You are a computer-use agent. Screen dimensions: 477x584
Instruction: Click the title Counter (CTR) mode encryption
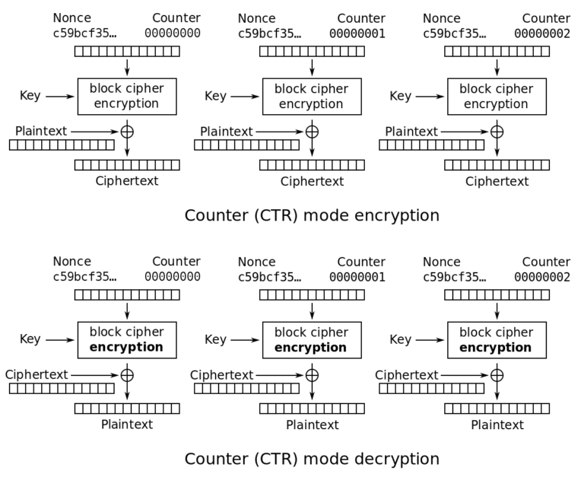(x=312, y=215)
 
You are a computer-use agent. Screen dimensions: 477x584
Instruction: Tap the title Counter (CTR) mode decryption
(x=312, y=459)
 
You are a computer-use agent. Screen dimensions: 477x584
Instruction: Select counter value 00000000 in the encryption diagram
(x=173, y=33)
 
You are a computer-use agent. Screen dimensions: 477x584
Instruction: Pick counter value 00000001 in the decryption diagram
(x=357, y=277)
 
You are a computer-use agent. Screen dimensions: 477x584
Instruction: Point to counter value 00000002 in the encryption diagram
(x=542, y=33)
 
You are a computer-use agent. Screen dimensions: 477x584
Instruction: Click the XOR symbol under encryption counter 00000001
(x=312, y=132)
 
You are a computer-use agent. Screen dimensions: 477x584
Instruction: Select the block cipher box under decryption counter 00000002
(x=497, y=340)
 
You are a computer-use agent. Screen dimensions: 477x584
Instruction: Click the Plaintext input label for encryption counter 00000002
(x=411, y=132)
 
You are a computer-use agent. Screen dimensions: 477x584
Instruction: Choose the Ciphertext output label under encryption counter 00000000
(x=127, y=181)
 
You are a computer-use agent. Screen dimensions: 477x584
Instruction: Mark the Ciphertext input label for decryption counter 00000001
(x=221, y=374)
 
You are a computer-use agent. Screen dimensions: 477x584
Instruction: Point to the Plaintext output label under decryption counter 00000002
(x=497, y=425)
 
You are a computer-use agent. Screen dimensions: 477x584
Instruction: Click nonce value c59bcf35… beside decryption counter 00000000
(x=84, y=277)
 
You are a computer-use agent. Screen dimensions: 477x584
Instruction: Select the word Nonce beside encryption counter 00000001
(x=257, y=18)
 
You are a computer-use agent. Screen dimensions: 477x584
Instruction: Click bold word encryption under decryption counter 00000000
(x=127, y=348)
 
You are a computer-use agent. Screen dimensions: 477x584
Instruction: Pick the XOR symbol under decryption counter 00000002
(x=497, y=375)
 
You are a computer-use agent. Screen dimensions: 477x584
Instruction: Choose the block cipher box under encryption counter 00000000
(x=127, y=96)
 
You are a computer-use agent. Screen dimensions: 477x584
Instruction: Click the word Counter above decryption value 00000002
(x=546, y=262)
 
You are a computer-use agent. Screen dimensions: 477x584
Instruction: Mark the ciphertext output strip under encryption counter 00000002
(x=497, y=165)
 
